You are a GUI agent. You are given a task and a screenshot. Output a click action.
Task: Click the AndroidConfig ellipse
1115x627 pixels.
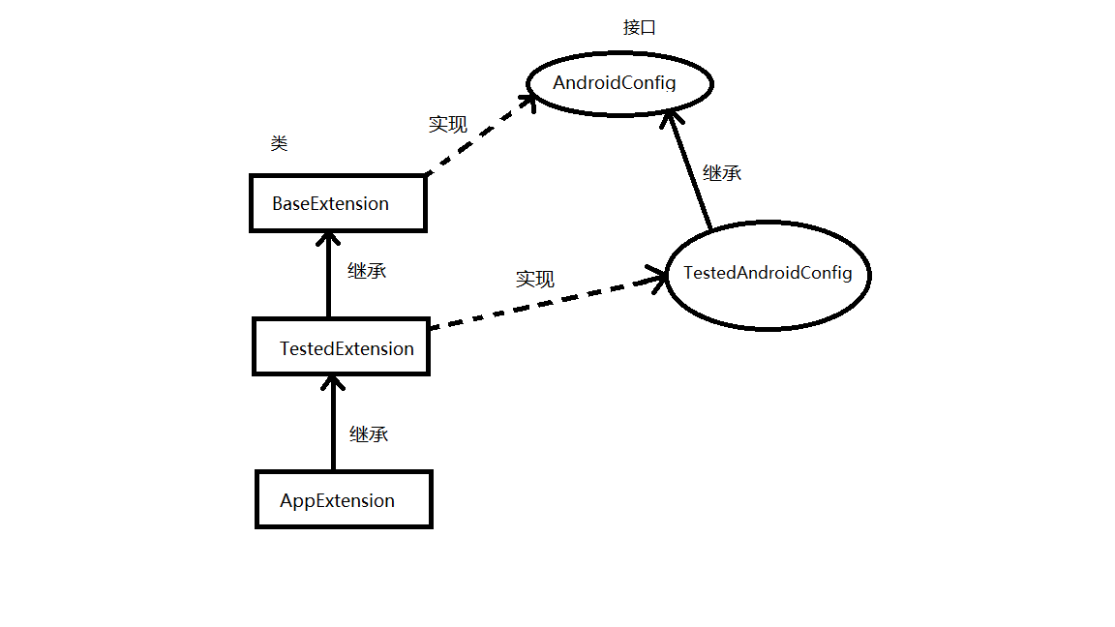pos(619,83)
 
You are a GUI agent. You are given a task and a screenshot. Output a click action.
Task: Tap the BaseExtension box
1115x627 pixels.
pos(338,204)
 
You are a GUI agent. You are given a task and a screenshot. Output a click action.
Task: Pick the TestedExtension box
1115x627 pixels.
pos(341,348)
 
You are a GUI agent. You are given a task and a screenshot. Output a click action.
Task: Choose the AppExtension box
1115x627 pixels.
pos(344,500)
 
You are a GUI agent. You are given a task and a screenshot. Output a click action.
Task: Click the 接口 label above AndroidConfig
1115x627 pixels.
pos(639,27)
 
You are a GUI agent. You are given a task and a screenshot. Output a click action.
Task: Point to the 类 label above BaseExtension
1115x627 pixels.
pos(279,144)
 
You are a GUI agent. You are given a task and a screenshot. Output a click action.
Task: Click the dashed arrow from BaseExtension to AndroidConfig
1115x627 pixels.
pos(479,135)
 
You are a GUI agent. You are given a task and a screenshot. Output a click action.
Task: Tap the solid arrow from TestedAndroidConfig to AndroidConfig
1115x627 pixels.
pos(690,170)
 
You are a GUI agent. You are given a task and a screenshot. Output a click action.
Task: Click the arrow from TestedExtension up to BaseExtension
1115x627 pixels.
pos(329,276)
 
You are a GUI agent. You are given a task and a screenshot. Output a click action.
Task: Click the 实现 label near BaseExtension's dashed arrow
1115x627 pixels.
pos(447,125)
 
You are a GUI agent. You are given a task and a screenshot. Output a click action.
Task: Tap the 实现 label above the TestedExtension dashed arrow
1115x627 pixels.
pos(534,280)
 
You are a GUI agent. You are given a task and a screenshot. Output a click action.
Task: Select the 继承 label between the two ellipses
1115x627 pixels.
pos(722,174)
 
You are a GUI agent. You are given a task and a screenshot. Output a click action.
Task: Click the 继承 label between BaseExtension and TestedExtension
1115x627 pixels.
pos(367,271)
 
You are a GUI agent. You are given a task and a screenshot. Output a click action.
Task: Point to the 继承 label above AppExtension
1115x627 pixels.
pos(369,434)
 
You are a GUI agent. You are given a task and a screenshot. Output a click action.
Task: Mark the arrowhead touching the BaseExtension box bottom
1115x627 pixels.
pos(329,239)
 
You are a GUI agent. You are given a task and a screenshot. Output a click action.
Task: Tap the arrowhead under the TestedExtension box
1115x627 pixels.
pos(332,383)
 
